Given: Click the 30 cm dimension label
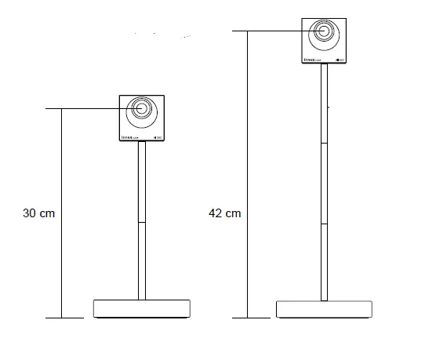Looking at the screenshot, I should (39, 213).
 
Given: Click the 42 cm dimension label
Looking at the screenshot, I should (225, 213).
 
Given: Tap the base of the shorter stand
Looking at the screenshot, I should (141, 308).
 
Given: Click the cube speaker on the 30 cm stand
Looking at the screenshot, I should (142, 118).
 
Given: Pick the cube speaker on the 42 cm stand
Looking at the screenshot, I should (325, 42).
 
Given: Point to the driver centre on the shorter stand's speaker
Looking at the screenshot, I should (142, 109).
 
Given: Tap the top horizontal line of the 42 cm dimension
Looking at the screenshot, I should (267, 31).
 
